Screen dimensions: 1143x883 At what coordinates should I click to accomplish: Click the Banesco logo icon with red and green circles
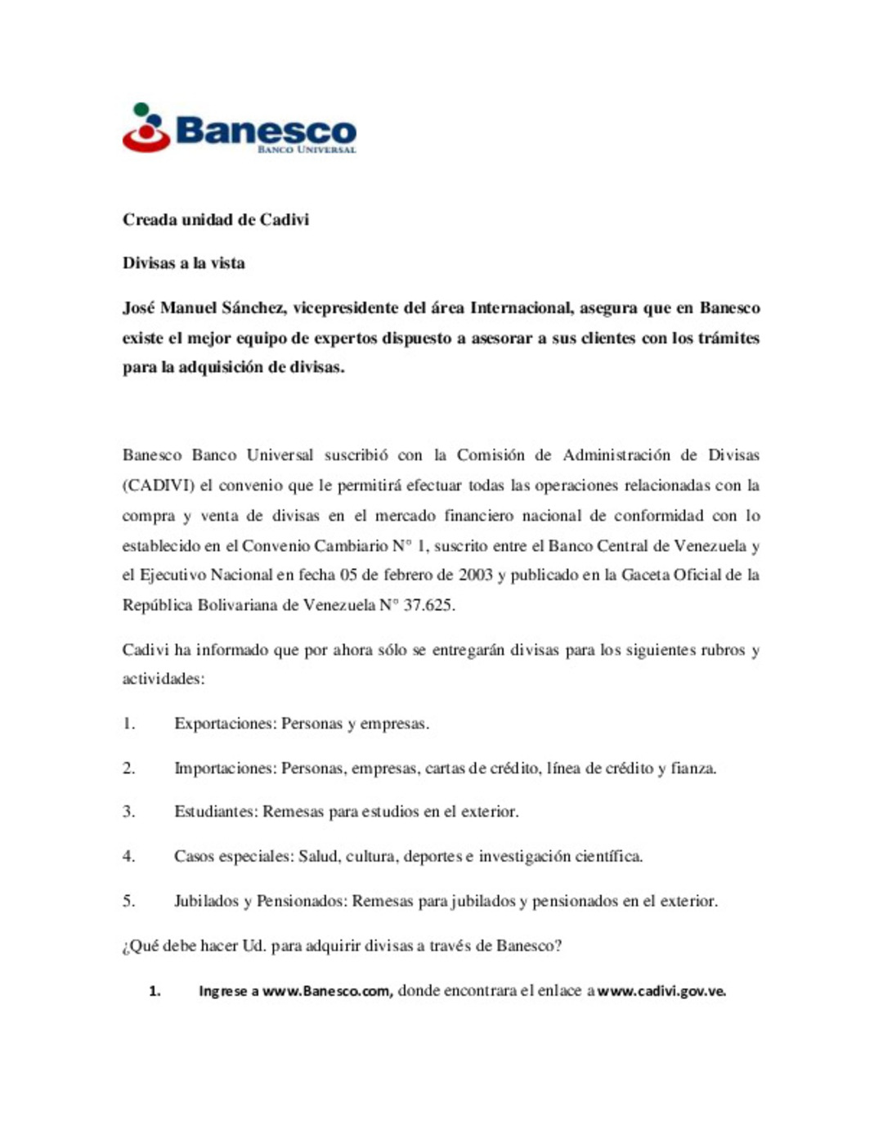click(x=146, y=128)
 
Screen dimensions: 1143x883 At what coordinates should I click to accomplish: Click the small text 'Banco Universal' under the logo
click(x=307, y=150)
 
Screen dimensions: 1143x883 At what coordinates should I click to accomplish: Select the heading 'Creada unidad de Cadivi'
click(x=216, y=220)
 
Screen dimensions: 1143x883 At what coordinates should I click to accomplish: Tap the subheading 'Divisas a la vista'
click(x=184, y=263)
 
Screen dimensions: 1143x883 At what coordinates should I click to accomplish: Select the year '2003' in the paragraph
click(x=475, y=575)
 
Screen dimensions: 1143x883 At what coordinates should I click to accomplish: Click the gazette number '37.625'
click(x=429, y=605)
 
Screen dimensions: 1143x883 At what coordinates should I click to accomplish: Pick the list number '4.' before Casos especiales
click(x=129, y=856)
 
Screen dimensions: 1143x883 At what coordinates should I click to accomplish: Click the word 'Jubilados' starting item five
click(x=206, y=901)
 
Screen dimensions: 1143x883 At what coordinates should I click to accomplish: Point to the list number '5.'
click(x=129, y=901)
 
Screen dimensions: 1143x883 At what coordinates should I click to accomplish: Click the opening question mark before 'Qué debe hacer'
click(x=126, y=947)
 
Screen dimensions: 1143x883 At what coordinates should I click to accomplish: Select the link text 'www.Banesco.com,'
click(x=327, y=991)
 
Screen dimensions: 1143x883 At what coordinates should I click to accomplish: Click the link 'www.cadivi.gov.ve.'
click(x=661, y=991)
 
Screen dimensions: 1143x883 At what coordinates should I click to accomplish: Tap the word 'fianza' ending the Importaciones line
click(x=692, y=769)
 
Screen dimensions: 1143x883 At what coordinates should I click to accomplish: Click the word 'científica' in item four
click(x=607, y=856)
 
